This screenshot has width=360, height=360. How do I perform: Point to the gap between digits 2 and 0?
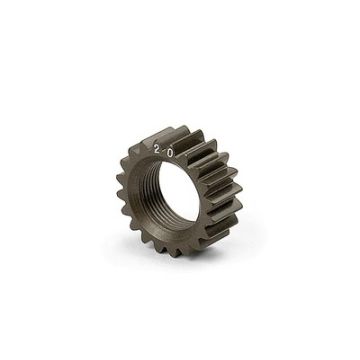point(164,150)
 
